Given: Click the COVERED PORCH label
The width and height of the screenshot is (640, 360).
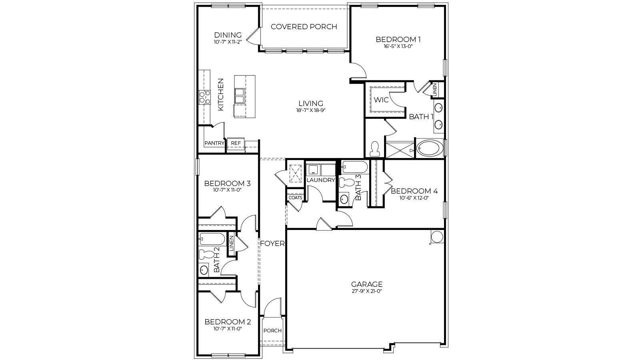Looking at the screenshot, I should coord(304,27).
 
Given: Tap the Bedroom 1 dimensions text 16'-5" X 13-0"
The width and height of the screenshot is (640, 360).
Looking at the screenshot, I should coord(398,46).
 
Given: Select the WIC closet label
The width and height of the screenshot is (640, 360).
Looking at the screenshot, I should coord(381,100).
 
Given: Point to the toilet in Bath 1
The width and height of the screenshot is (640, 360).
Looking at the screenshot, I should coord(375,149).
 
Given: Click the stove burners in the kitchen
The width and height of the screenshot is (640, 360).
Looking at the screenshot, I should coord(205,97).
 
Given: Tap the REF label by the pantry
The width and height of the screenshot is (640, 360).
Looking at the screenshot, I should coord(236,143).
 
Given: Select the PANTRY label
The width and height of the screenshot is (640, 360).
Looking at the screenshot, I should coord(214,143).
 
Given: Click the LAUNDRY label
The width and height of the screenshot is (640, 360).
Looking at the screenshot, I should coord(320,180).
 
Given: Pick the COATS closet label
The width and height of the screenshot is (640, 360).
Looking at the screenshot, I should coord(295,198).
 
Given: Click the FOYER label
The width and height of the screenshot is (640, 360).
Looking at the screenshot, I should coord(272,244).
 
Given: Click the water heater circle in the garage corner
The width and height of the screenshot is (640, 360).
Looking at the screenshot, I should coord(436,237).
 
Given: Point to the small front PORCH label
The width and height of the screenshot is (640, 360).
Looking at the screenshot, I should coord(272,331).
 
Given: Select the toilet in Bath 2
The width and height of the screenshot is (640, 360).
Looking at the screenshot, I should coord(206,254).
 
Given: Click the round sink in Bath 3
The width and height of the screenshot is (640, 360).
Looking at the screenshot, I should coord(344,199).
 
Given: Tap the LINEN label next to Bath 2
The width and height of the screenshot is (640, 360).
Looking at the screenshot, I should coord(231,244).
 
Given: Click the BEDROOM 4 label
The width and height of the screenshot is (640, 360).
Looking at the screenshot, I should coord(414,191).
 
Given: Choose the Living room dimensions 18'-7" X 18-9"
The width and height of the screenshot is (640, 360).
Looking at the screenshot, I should coord(310,110).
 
